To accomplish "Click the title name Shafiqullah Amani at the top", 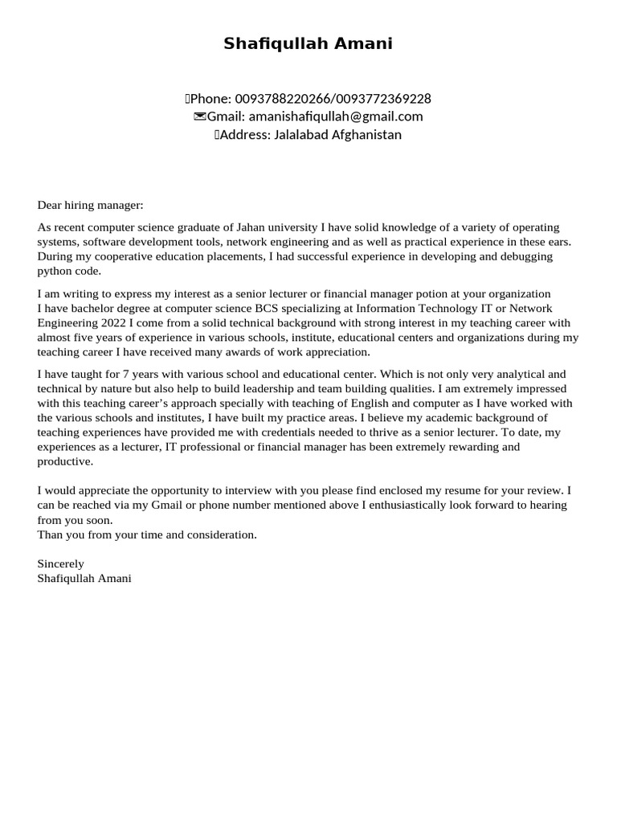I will tap(308, 44).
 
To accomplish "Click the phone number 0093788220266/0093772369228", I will tap(333, 99).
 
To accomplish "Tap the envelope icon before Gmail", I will tap(199, 117).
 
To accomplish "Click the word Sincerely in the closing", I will tap(60, 563).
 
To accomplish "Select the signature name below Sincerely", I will tap(84, 578).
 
